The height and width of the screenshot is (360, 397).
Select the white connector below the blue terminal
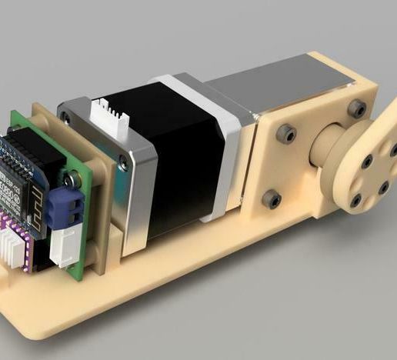tap(62, 247)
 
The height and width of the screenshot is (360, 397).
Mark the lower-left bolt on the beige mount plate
tap(270, 199)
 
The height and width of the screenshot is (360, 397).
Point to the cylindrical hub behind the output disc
tap(327, 154)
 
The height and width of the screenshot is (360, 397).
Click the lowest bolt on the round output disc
tap(355, 202)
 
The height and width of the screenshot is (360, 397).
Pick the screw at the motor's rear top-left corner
tap(66, 118)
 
